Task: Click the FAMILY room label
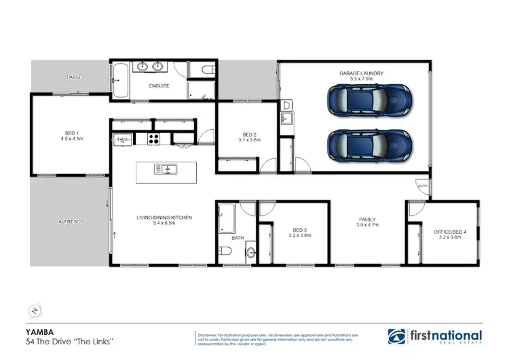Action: click(367, 219)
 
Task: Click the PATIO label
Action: click(73, 77)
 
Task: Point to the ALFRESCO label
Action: click(70, 222)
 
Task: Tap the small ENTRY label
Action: click(423, 185)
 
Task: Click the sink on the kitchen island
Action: click(165, 168)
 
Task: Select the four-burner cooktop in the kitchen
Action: click(154, 139)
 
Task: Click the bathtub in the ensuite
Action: click(121, 80)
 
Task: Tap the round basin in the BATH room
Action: click(251, 254)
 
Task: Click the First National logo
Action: click(434, 336)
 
